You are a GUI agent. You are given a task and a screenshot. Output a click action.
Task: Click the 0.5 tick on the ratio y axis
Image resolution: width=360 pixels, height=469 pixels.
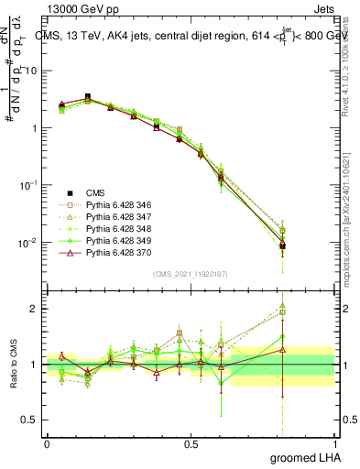tap(31, 420)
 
